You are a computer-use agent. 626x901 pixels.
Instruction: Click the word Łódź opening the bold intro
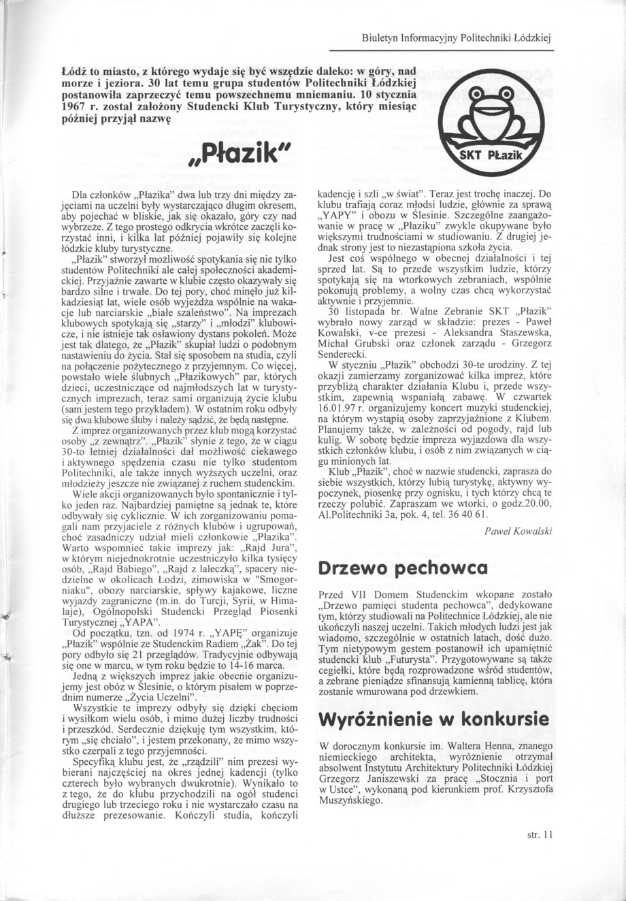pos(72,71)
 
